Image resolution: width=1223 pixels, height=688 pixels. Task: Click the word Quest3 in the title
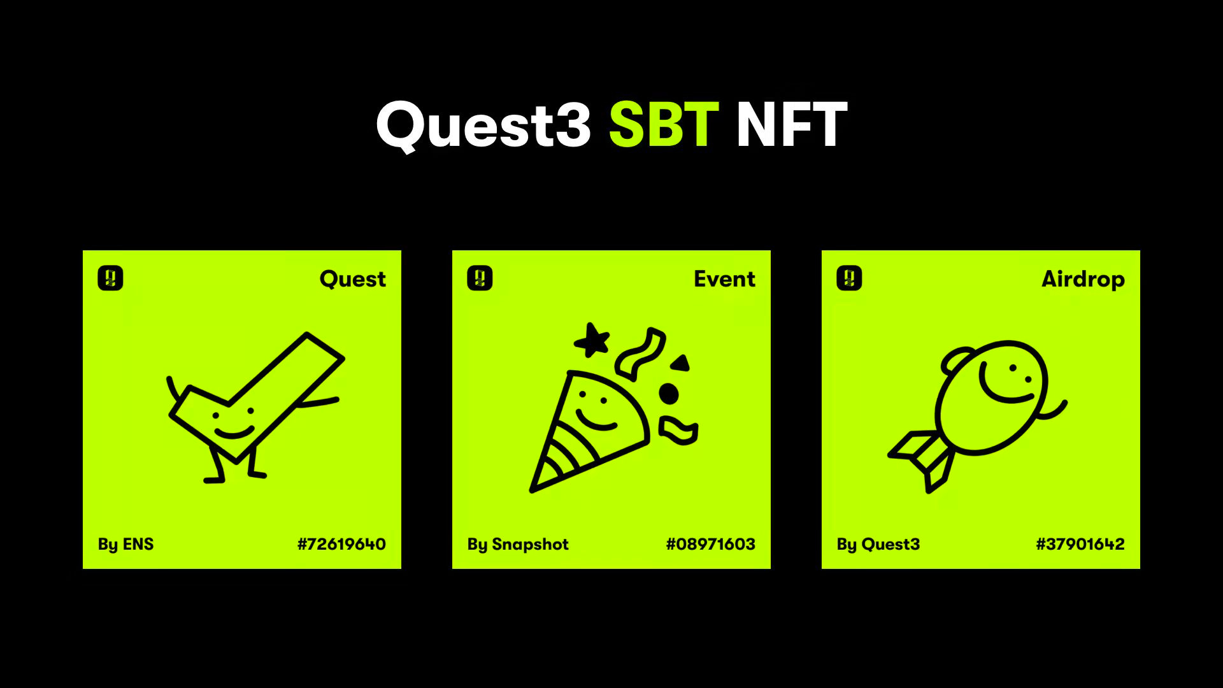point(483,125)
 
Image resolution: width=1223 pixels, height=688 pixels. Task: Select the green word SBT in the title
point(664,125)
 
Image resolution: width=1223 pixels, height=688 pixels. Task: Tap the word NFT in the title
point(791,125)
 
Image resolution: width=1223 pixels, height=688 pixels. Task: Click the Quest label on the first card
point(352,279)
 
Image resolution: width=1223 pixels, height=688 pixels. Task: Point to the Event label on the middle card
point(724,279)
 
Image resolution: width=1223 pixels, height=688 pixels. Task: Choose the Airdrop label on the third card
point(1083,279)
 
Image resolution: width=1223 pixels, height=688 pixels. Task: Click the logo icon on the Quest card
point(110,278)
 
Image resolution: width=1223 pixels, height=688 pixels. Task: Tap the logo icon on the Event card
point(480,278)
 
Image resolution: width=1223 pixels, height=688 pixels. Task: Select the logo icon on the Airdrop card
point(849,278)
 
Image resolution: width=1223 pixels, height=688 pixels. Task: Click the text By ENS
point(125,544)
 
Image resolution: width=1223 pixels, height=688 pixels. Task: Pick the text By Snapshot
point(518,544)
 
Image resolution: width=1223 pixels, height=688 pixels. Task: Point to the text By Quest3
point(878,544)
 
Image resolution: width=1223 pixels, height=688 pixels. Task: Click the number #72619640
point(341,544)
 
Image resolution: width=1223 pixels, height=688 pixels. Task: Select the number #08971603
point(710,544)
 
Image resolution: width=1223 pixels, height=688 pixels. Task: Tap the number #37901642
point(1080,544)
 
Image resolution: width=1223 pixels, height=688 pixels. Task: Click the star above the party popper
point(592,341)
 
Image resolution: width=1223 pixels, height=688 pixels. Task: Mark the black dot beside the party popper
point(668,394)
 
